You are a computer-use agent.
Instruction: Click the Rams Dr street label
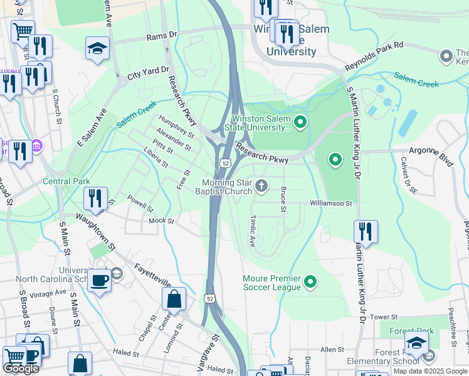click(162, 36)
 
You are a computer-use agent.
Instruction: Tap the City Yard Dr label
click(148, 73)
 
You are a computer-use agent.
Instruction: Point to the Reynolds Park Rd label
click(382, 57)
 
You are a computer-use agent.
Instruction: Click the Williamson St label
click(331, 203)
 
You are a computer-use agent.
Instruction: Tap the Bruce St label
click(283, 199)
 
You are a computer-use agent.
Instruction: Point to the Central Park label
click(66, 182)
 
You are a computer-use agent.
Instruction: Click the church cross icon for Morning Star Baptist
click(262, 185)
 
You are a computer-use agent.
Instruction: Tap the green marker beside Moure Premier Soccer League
click(310, 283)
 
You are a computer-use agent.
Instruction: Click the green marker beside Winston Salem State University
click(300, 122)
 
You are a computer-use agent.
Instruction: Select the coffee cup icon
click(99, 279)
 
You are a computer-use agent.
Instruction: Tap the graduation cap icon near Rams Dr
click(97, 48)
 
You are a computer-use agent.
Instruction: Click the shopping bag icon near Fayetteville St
click(174, 298)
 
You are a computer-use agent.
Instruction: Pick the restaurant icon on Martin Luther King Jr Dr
click(365, 231)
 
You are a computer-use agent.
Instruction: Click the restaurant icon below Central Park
click(95, 197)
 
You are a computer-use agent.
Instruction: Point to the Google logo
click(21, 368)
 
